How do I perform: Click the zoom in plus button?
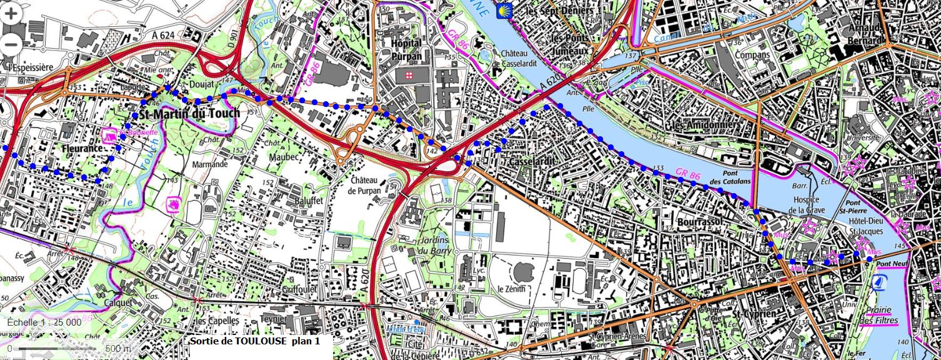(11, 14)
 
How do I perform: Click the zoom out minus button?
(11, 43)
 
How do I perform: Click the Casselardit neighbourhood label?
(532, 162)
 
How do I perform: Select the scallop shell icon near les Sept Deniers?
(501, 11)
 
